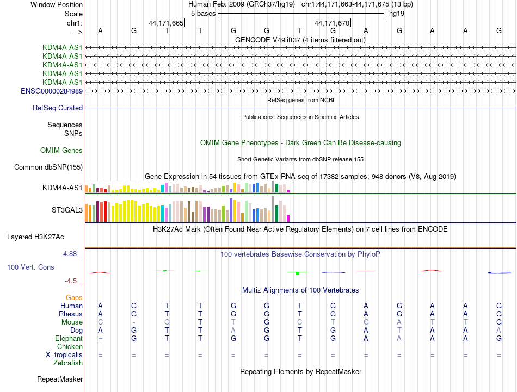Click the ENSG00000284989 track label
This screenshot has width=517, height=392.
pyautogui.click(x=52, y=91)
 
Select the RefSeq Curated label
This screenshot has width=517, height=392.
pyautogui.click(x=58, y=108)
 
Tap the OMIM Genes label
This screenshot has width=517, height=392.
pyautogui.click(x=61, y=150)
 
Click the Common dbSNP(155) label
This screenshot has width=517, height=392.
pyautogui.click(x=48, y=167)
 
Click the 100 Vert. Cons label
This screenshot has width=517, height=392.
pyautogui.click(x=30, y=267)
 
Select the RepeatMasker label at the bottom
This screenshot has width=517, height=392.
pyautogui.click(x=60, y=379)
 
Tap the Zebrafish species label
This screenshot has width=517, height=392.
pyautogui.click(x=68, y=363)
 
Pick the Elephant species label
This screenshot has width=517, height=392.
pyautogui.click(x=68, y=338)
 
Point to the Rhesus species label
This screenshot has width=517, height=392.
pyautogui.click(x=71, y=314)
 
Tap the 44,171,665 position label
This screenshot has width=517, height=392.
pyautogui.click(x=166, y=23)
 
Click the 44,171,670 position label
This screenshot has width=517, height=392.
pyautogui.click(x=332, y=23)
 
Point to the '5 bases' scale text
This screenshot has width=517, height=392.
pyautogui.click(x=203, y=13)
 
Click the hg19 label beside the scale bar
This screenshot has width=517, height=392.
pyautogui.click(x=396, y=13)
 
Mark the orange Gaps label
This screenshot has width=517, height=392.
pyautogui.click(x=74, y=297)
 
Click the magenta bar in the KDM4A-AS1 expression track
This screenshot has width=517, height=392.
pyautogui.click(x=288, y=191)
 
